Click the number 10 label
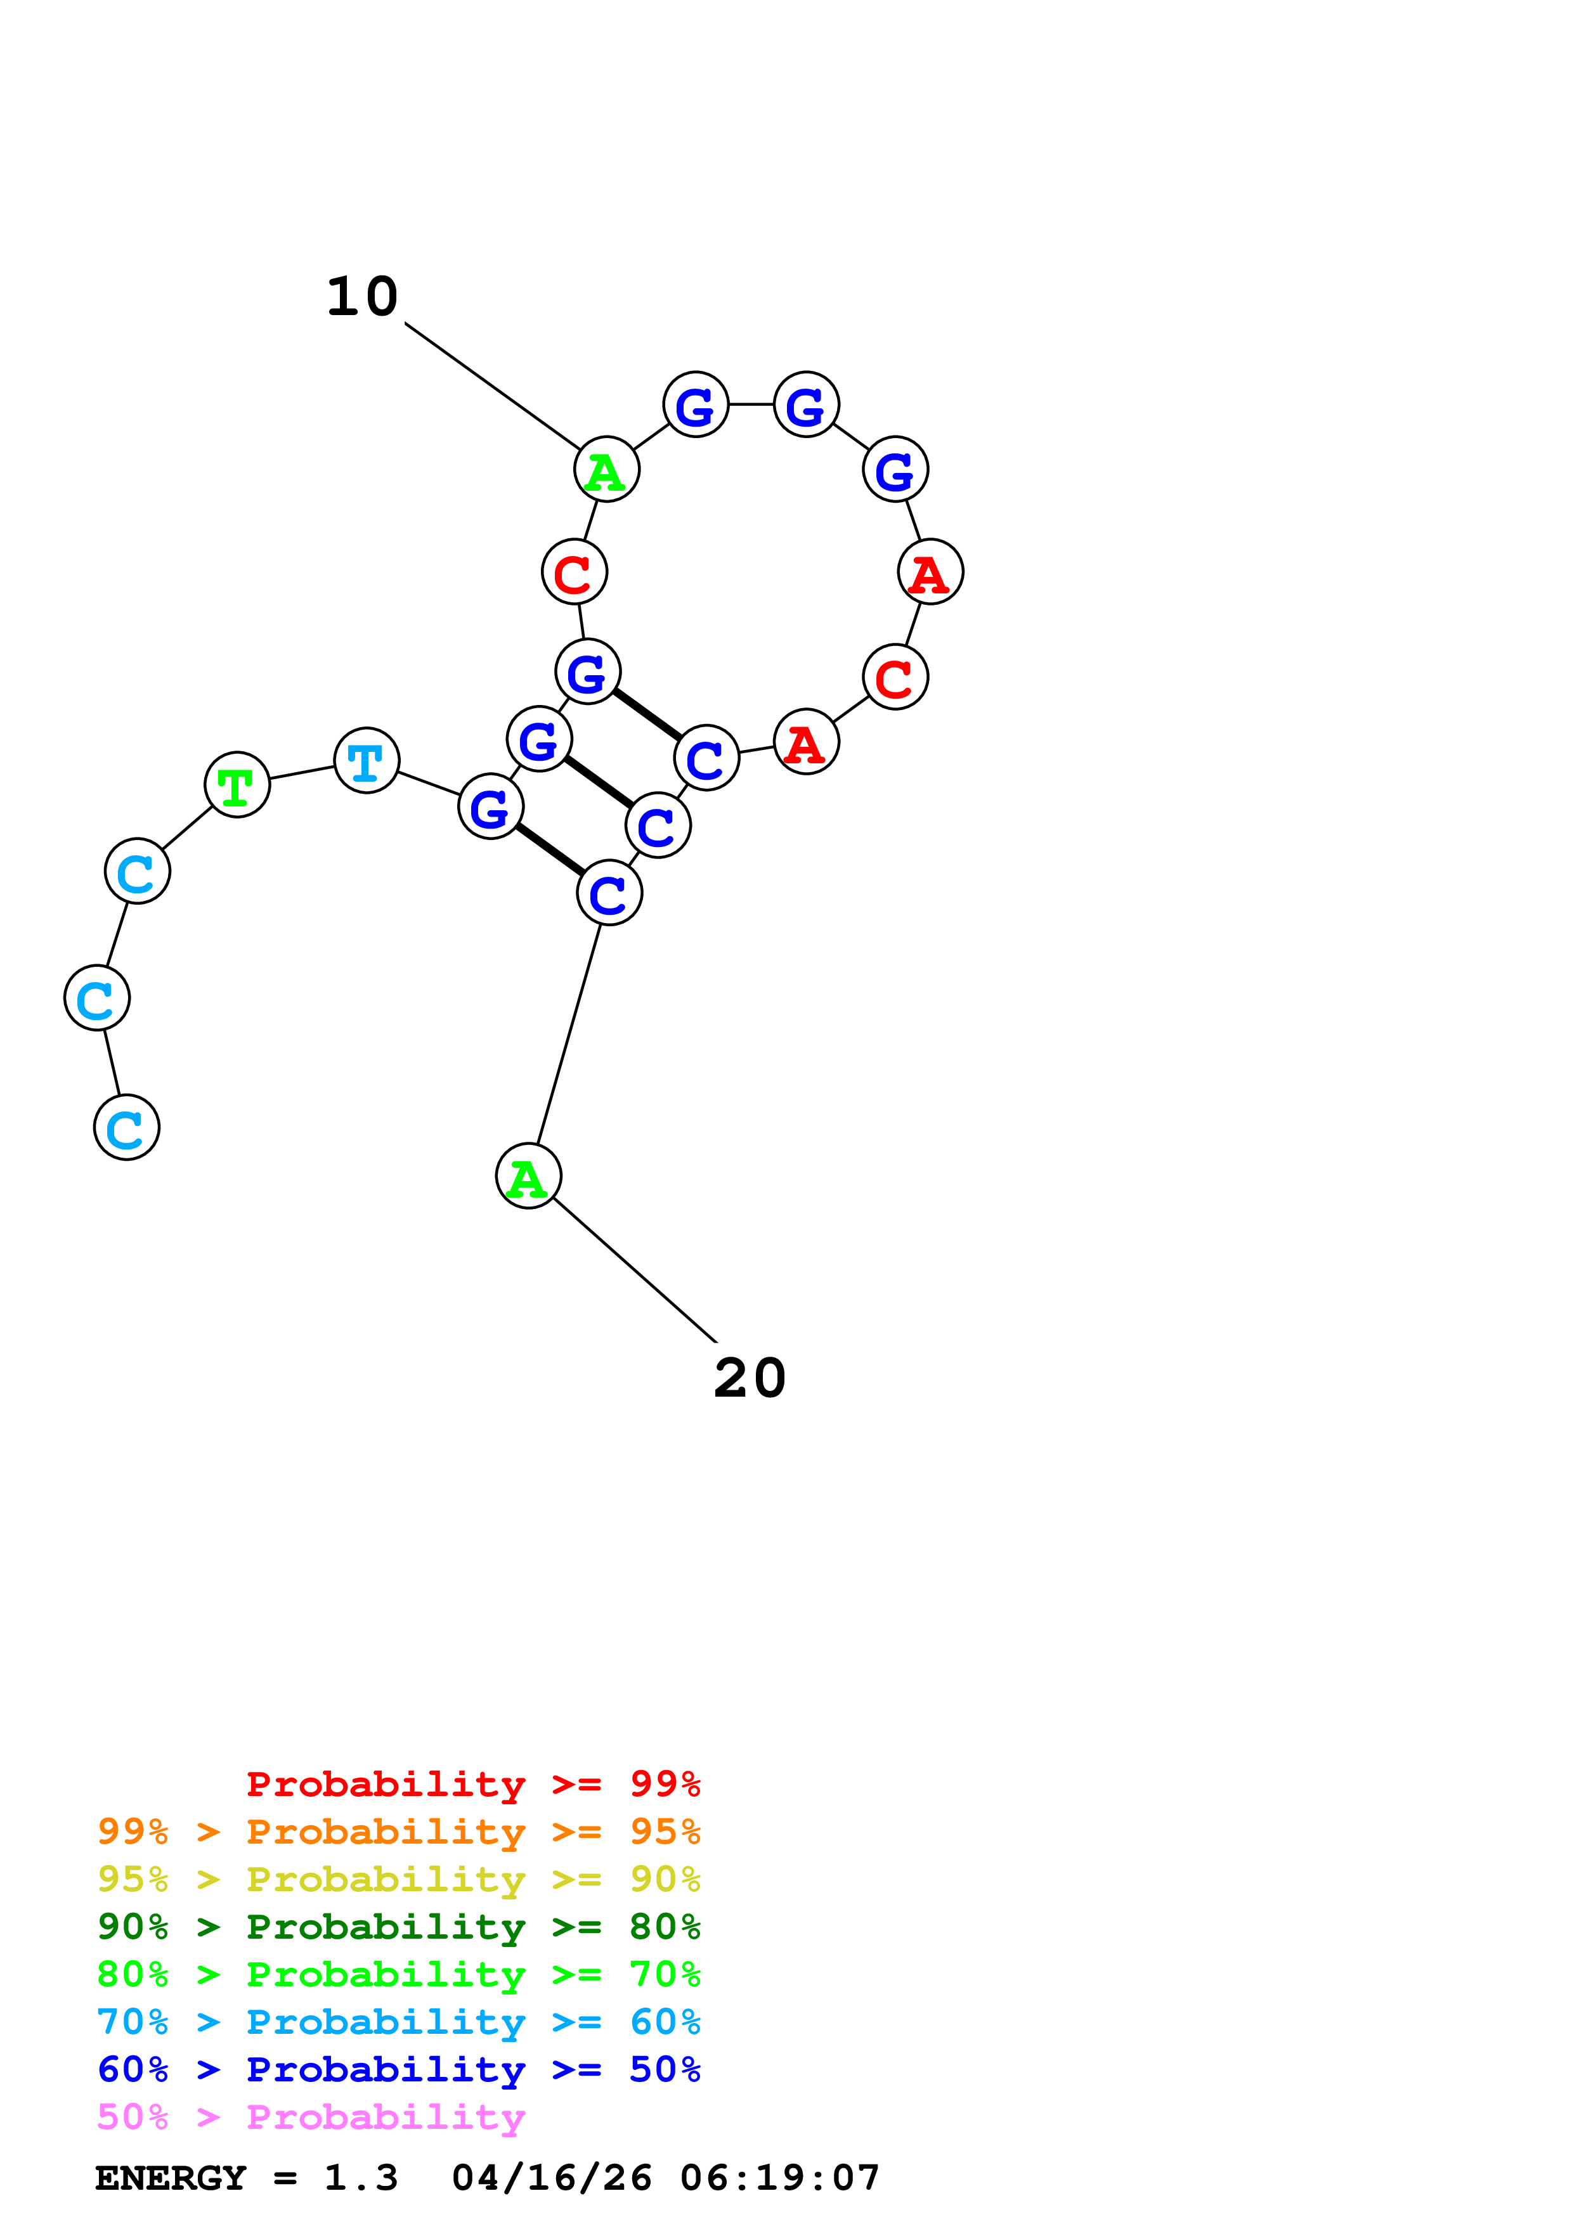click(362, 297)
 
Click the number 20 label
click(750, 1378)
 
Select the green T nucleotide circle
click(237, 785)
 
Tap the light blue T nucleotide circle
click(366, 760)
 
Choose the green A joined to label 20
click(528, 1176)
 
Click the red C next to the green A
click(575, 572)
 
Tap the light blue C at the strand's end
click(127, 1127)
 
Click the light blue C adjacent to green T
click(138, 871)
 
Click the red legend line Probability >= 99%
click(472, 1783)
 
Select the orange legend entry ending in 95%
click(398, 1832)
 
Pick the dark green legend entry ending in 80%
click(398, 1927)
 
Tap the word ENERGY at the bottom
click(171, 2178)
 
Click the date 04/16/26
click(551, 2178)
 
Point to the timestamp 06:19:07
click(780, 2178)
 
